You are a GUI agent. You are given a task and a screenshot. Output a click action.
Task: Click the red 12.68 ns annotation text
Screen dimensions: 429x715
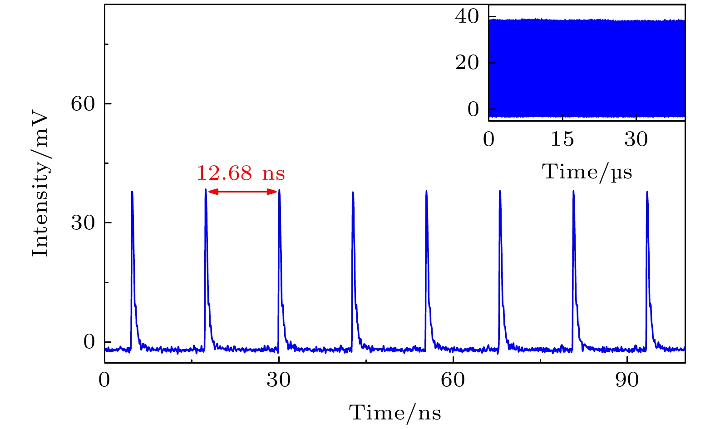tap(240, 173)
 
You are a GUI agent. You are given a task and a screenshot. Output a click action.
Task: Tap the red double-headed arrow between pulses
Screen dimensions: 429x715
tap(242, 192)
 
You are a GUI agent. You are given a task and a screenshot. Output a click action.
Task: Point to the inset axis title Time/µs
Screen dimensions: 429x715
tap(587, 172)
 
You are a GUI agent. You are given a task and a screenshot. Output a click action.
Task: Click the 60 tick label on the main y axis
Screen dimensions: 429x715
tap(83, 104)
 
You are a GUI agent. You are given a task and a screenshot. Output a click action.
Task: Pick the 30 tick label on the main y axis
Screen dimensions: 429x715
tap(83, 223)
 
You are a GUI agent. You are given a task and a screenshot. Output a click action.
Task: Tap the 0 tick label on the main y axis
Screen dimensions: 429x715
tap(89, 342)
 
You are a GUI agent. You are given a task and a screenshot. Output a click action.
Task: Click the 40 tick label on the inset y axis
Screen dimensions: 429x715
tap(467, 17)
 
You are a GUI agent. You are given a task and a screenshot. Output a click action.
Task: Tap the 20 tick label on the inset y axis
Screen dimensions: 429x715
tap(467, 63)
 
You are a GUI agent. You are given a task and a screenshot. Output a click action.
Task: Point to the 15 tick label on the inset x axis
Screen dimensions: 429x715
tap(562, 139)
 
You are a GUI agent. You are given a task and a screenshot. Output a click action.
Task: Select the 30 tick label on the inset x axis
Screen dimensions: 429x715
tap(636, 139)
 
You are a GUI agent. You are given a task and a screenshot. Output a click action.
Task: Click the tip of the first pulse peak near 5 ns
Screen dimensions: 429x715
tap(132, 192)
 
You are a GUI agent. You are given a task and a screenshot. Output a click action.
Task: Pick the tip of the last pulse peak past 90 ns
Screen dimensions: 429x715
tap(647, 192)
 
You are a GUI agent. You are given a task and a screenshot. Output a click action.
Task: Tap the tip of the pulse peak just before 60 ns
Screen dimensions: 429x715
tap(426, 191)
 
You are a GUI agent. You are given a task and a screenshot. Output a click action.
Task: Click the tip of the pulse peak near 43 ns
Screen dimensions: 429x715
tap(353, 192)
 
